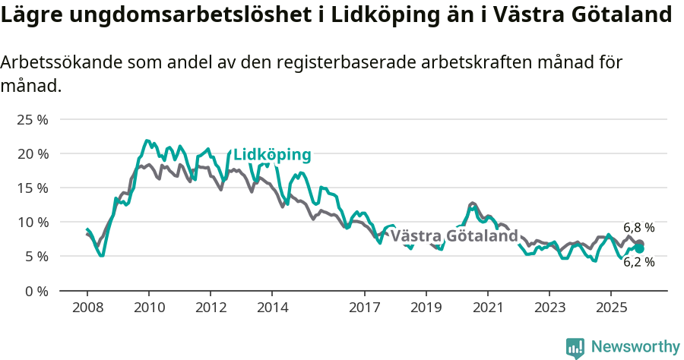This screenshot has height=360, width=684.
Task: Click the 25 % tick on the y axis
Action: point(31,120)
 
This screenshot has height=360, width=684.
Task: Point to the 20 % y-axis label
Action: point(31,154)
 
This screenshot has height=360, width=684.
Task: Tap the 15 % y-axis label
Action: point(31,188)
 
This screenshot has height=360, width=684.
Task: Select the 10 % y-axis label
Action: point(31,223)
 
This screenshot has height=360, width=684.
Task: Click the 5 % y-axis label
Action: point(35,257)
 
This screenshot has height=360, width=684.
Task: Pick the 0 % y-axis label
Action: point(35,291)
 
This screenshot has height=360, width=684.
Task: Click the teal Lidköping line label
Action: point(272,155)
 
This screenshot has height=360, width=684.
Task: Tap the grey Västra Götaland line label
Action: point(454,236)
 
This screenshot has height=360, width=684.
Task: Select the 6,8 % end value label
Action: point(638,227)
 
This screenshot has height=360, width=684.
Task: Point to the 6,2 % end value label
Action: point(638,262)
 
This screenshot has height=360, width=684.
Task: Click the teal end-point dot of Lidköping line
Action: point(640,248)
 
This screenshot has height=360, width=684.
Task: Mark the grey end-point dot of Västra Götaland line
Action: point(640,244)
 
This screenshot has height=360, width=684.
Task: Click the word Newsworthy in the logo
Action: point(635,346)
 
